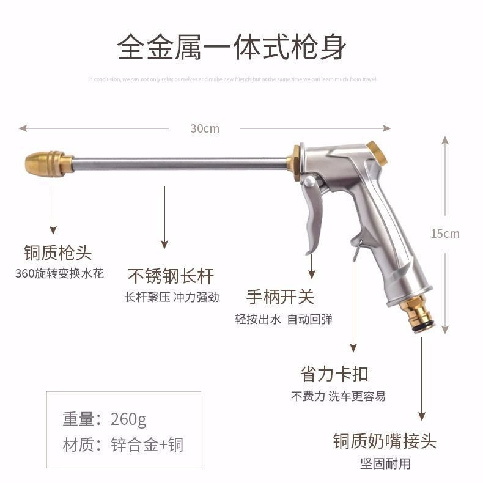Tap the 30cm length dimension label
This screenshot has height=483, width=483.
point(204,128)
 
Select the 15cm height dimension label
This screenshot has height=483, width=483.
point(445,233)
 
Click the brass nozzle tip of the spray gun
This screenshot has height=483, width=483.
point(48,164)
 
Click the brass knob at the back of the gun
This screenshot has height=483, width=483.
point(378,153)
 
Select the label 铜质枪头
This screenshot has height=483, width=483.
point(57,253)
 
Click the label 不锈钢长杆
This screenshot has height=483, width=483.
point(171,276)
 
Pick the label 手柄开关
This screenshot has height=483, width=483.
point(280,297)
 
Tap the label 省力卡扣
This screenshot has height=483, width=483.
point(335,374)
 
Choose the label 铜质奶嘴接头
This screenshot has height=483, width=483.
point(385,441)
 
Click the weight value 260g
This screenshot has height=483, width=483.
point(129,419)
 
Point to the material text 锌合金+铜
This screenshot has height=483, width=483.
point(147,444)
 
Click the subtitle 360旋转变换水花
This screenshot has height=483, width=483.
point(59,273)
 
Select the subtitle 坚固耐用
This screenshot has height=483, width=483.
point(385,463)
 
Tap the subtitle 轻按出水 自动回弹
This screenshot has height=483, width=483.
point(284,319)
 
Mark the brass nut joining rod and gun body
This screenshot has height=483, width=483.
point(296,162)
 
